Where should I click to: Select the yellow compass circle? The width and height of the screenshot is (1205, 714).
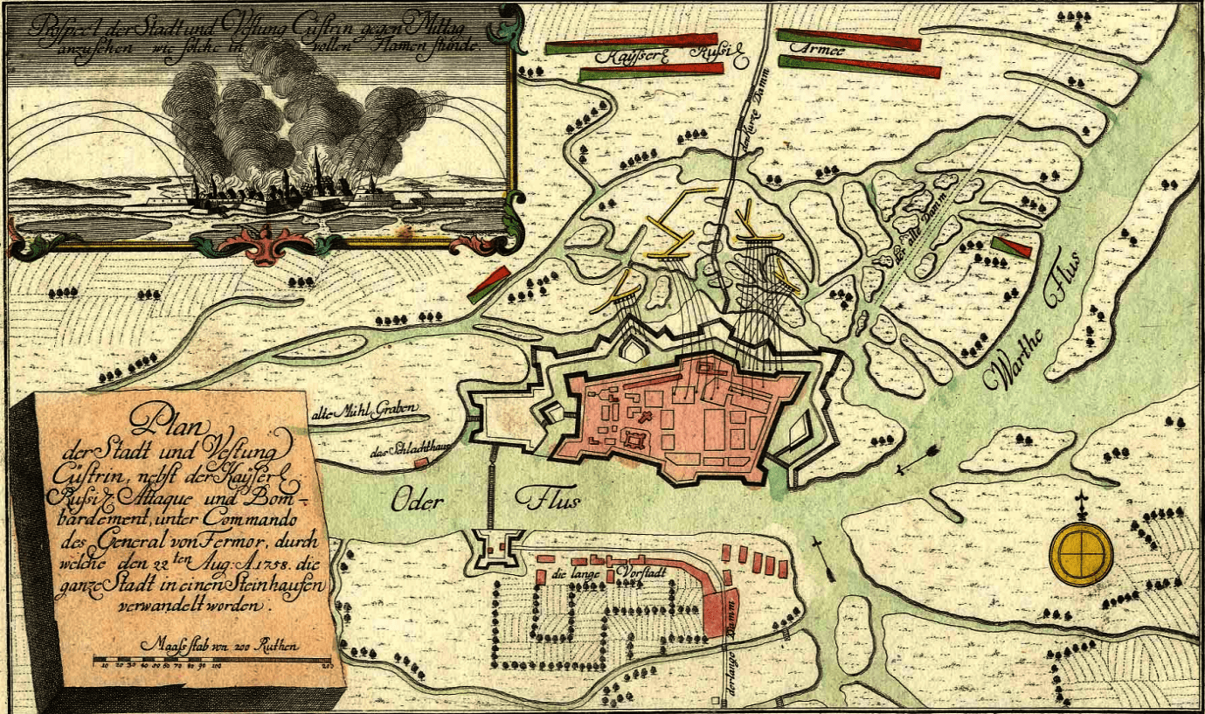[1081, 553]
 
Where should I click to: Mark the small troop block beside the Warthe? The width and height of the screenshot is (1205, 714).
[1011, 247]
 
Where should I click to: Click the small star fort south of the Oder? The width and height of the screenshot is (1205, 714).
[495, 551]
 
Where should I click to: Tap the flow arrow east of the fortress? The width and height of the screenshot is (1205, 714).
[918, 460]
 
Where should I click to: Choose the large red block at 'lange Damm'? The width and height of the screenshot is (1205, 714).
[719, 611]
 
